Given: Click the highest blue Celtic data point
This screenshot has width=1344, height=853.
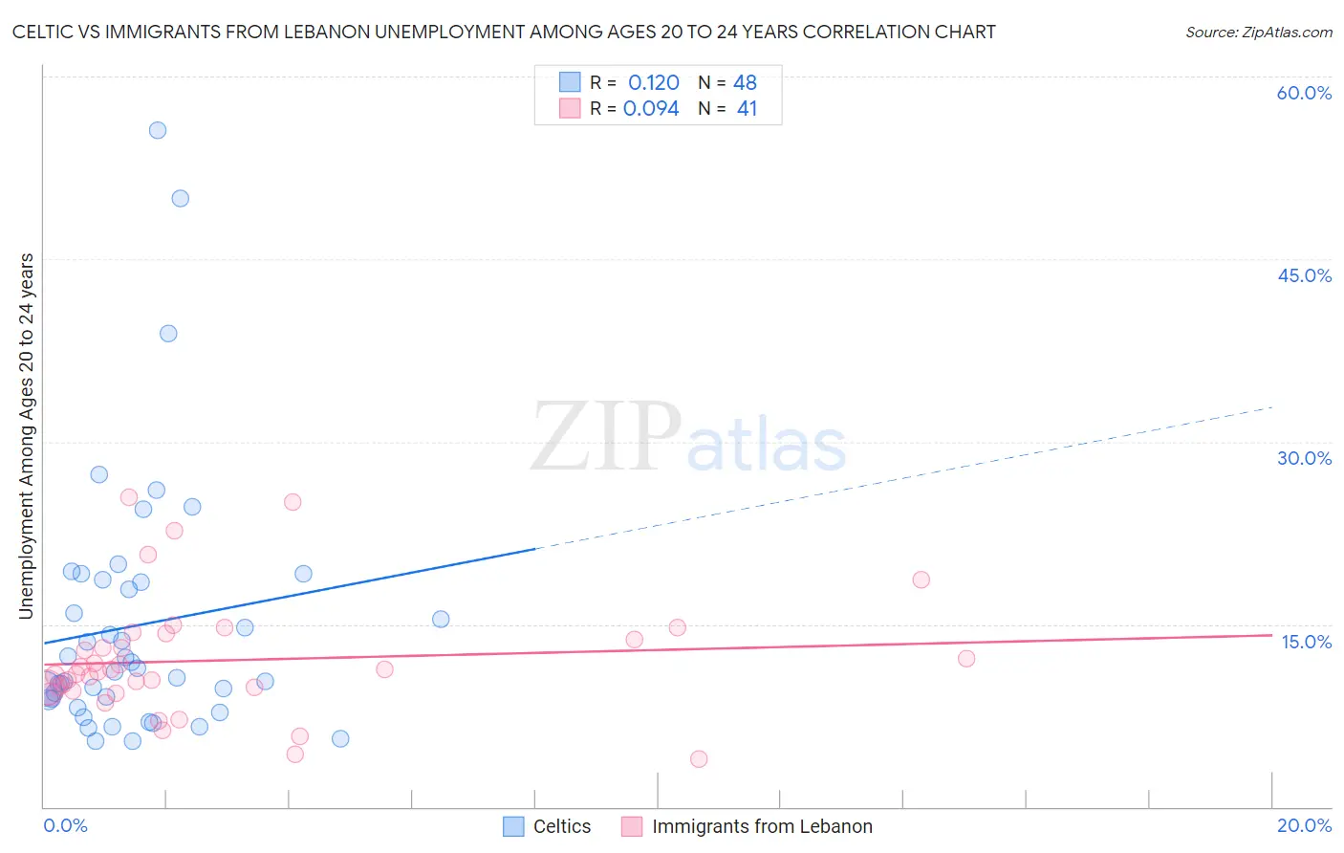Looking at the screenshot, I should [158, 130].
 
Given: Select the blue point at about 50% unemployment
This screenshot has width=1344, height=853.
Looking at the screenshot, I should [180, 199].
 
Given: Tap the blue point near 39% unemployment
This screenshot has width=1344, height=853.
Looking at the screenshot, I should [168, 334].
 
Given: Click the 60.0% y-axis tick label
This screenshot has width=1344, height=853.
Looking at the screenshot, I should [1304, 93].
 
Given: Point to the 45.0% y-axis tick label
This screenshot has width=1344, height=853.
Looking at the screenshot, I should [1304, 275].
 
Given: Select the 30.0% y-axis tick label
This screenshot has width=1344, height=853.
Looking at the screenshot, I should [1304, 458].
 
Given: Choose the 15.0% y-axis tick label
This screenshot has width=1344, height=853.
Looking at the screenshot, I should [1306, 642].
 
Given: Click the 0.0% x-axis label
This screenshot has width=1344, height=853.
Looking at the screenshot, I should [65, 825].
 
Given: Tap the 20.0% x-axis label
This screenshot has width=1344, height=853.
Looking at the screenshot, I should [1304, 825].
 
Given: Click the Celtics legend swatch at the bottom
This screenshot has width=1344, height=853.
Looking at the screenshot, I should [513, 826].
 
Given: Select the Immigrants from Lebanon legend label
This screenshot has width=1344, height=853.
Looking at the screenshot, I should [762, 826].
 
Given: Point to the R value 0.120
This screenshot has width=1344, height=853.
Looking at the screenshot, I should [653, 83].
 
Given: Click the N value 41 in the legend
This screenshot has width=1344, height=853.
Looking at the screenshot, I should [747, 109].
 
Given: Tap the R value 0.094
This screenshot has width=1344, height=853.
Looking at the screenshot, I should [651, 109].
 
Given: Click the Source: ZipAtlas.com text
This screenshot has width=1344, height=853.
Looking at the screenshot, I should [1258, 33].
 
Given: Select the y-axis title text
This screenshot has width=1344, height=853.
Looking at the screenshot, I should [27, 436].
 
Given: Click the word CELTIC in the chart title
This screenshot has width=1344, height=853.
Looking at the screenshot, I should [44, 33].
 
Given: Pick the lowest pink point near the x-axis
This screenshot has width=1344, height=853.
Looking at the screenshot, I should [699, 759].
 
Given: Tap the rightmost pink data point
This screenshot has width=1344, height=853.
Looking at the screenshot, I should [966, 659].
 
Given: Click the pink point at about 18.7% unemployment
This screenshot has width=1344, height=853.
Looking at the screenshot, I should [921, 580].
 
